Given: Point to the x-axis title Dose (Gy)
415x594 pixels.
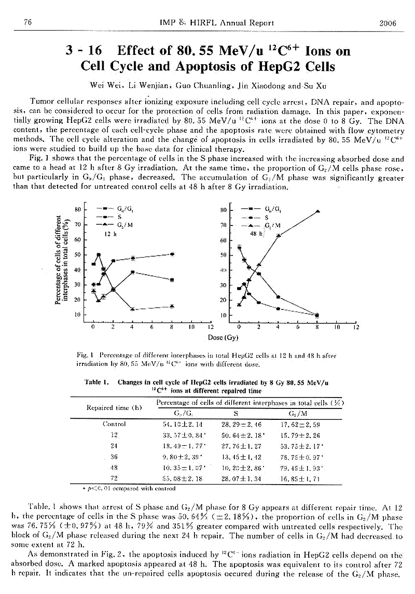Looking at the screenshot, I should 223,337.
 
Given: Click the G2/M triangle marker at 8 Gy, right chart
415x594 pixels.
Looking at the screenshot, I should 317,211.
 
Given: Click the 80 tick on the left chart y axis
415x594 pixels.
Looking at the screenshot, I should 77,210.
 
